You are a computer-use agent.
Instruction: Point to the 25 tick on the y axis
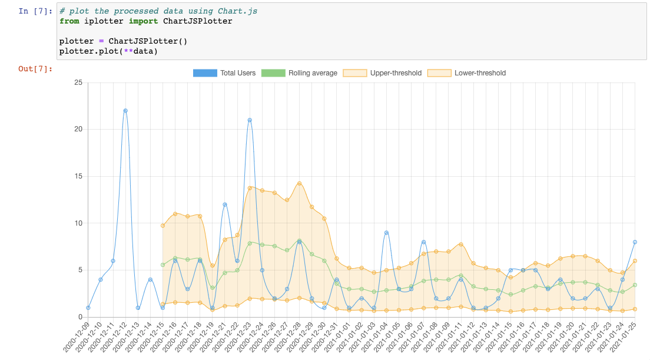78,82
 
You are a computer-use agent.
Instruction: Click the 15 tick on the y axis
78,176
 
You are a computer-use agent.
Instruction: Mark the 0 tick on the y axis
79,317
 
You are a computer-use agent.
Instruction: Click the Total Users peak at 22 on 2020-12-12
125,111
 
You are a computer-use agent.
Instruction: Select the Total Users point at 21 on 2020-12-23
250,120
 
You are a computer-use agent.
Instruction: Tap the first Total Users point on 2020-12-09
88,308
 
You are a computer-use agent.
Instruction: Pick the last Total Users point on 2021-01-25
635,242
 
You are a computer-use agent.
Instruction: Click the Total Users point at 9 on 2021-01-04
386,233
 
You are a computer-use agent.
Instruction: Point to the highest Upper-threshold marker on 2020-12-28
299,183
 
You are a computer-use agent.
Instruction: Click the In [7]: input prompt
35,11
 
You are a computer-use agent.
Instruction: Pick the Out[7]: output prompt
35,69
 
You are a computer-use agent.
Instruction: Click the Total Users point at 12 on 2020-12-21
225,204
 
